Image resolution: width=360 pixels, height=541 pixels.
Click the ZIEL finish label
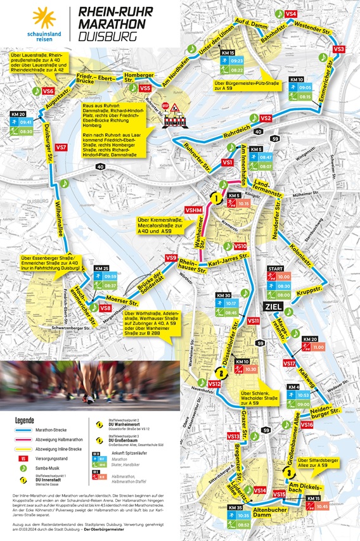coord(268,308)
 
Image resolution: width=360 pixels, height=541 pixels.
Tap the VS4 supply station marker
coord(291,14)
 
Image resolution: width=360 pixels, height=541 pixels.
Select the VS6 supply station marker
coord(48,91)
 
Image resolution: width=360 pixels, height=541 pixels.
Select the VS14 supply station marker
coord(259,490)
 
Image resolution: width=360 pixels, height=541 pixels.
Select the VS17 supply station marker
coord(290,364)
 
